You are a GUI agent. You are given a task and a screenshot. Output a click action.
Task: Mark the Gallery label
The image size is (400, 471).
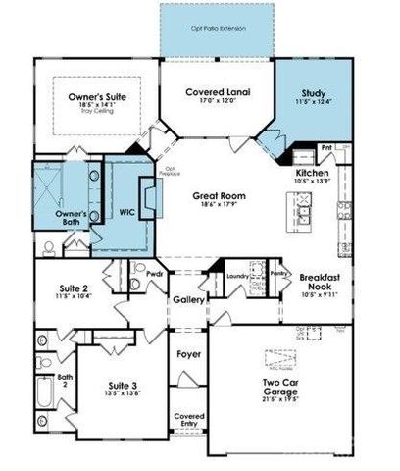click(x=187, y=299)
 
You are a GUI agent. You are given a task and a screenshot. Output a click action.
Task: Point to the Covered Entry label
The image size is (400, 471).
click(x=189, y=420)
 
